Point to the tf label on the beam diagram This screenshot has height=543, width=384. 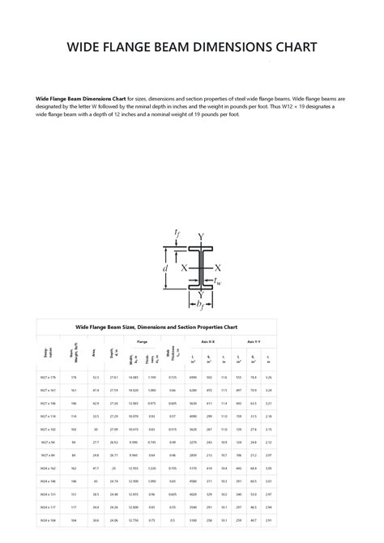tap(177, 234)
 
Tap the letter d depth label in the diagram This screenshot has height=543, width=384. tap(165, 266)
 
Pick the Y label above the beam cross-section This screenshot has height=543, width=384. tap(201, 237)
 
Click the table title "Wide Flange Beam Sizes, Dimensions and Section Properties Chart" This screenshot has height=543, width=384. tap(156, 327)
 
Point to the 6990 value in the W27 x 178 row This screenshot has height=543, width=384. tap(193, 378)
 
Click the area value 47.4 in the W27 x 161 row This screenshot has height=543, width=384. tap(96, 391)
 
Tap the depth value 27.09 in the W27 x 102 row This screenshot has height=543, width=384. tap(113, 430)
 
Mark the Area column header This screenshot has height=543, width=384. tap(95, 353)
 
